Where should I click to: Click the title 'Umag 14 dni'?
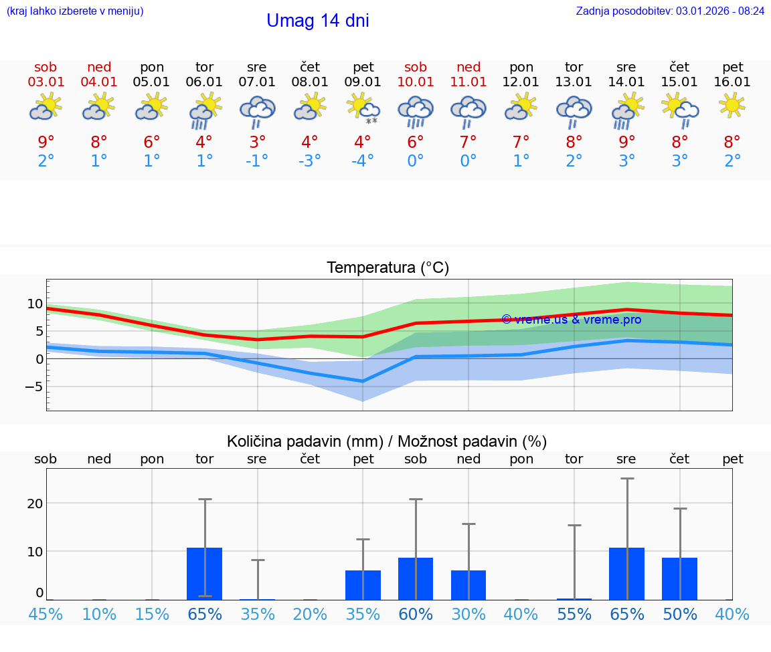[x=317, y=21]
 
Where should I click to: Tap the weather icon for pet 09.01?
[x=363, y=108]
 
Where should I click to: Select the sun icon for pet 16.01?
[x=732, y=105]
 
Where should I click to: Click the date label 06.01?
[x=204, y=82]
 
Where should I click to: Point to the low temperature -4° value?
[x=363, y=161]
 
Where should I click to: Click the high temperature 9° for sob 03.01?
[x=46, y=142]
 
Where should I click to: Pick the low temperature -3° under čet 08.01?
[x=309, y=161]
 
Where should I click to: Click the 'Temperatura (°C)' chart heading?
[x=388, y=268]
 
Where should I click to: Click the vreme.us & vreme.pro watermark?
[x=571, y=320]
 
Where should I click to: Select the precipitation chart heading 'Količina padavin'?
[x=387, y=441]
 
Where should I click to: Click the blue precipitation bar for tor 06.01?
[x=204, y=573]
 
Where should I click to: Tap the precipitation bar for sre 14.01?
[x=626, y=573]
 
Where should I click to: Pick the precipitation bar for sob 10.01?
[x=416, y=578]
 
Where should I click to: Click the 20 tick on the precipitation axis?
[x=35, y=504]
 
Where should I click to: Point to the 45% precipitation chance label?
[x=46, y=614]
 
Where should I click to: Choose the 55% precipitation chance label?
[x=574, y=614]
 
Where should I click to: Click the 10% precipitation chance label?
[x=98, y=614]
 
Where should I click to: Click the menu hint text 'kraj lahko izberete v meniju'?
[x=74, y=11]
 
